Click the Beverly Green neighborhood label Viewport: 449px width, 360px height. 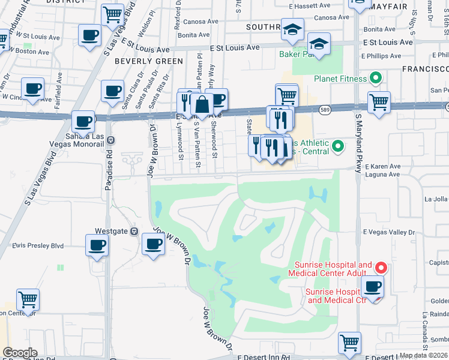[x=149, y=61]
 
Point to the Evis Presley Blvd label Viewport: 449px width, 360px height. [x=38, y=245]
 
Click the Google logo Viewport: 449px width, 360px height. [x=20, y=353]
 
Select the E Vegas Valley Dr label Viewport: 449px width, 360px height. [x=388, y=232]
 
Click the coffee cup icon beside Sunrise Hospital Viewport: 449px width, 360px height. [x=373, y=287]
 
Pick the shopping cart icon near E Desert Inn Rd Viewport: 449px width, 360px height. [x=349, y=343]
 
